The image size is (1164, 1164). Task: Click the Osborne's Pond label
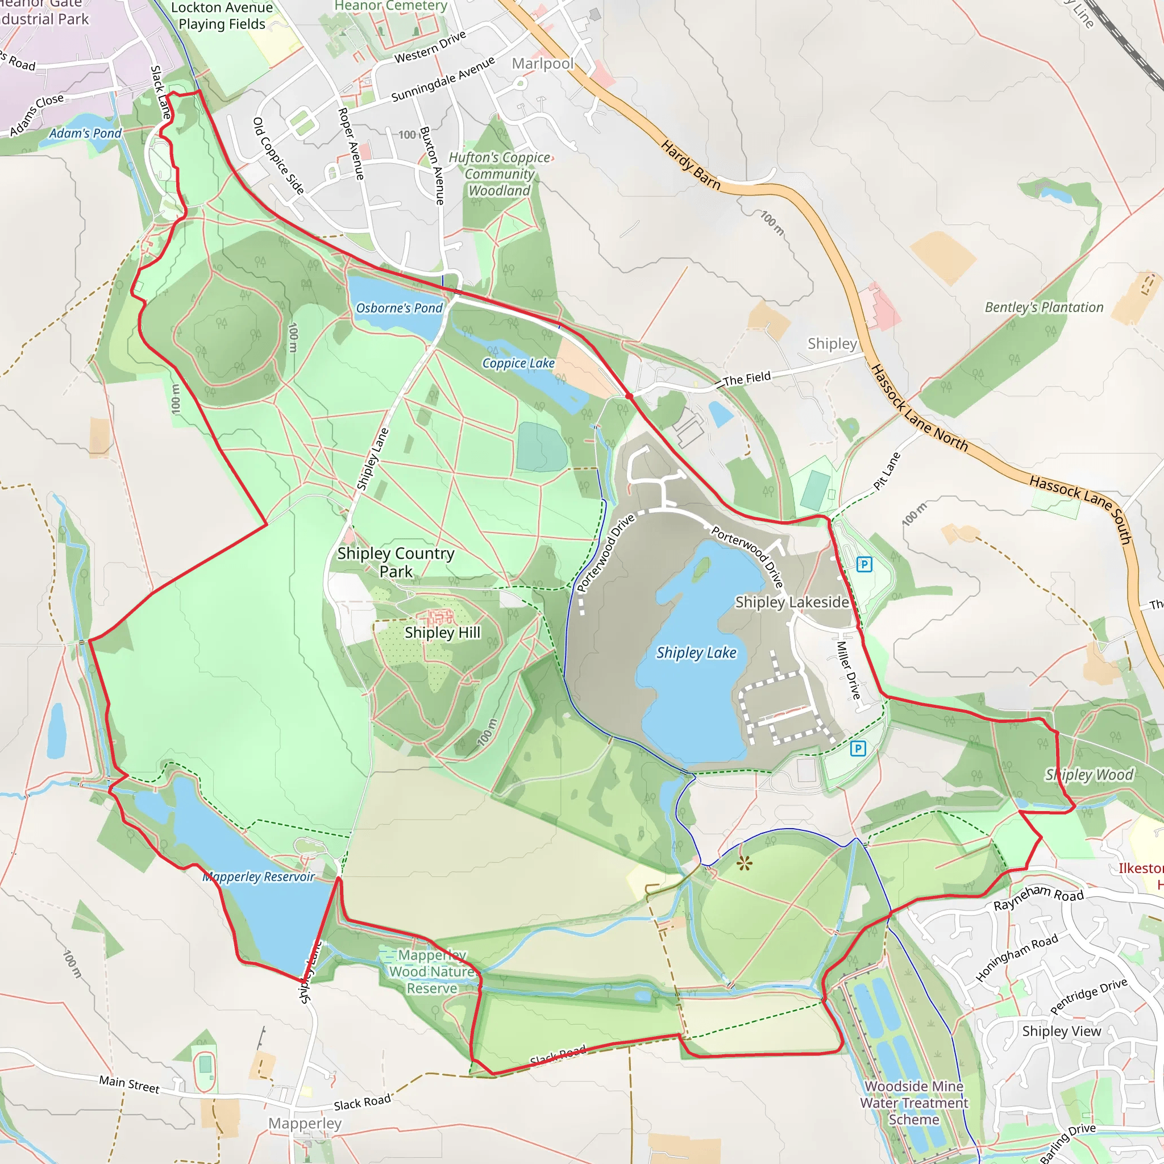pyautogui.click(x=399, y=308)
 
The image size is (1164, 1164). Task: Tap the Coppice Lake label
pyautogui.click(x=518, y=363)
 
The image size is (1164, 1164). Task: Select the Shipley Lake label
pyautogui.click(x=696, y=652)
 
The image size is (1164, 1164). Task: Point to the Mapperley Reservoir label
pyautogui.click(x=259, y=876)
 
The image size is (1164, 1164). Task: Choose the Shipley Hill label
pyautogui.click(x=442, y=633)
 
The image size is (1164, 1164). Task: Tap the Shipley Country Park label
pyautogui.click(x=396, y=562)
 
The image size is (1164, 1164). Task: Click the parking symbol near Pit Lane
pyautogui.click(x=864, y=564)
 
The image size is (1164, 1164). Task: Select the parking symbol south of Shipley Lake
pyautogui.click(x=858, y=749)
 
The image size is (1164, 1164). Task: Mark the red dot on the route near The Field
pyautogui.click(x=629, y=396)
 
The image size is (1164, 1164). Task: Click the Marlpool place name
pyautogui.click(x=542, y=63)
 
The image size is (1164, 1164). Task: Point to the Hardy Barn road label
pyautogui.click(x=691, y=164)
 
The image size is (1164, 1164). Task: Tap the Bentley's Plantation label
pyautogui.click(x=1044, y=307)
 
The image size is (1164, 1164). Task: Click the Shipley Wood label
pyautogui.click(x=1090, y=775)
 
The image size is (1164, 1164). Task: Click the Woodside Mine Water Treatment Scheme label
pyautogui.click(x=914, y=1103)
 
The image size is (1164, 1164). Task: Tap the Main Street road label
pyautogui.click(x=130, y=1084)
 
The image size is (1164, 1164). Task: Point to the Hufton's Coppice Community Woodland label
pyautogui.click(x=500, y=174)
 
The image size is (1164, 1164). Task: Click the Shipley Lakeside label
pyautogui.click(x=792, y=602)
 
